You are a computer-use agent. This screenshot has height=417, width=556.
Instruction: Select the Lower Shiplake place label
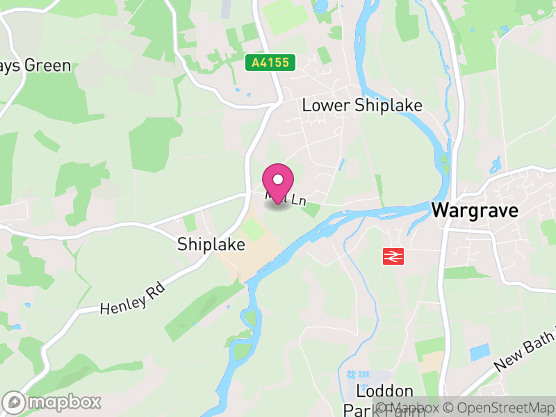362,105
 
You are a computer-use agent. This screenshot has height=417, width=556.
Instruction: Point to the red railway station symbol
393,256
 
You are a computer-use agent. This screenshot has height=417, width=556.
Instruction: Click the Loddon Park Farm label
384,400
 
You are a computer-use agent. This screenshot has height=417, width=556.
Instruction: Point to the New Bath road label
525,355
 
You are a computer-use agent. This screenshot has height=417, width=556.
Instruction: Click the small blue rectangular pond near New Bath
479,352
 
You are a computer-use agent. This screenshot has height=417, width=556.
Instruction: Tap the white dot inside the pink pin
278,179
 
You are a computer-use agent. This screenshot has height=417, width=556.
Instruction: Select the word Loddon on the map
384,391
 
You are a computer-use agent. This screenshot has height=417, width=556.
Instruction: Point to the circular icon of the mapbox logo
14,402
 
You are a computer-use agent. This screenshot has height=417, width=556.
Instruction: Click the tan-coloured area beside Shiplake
250,257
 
